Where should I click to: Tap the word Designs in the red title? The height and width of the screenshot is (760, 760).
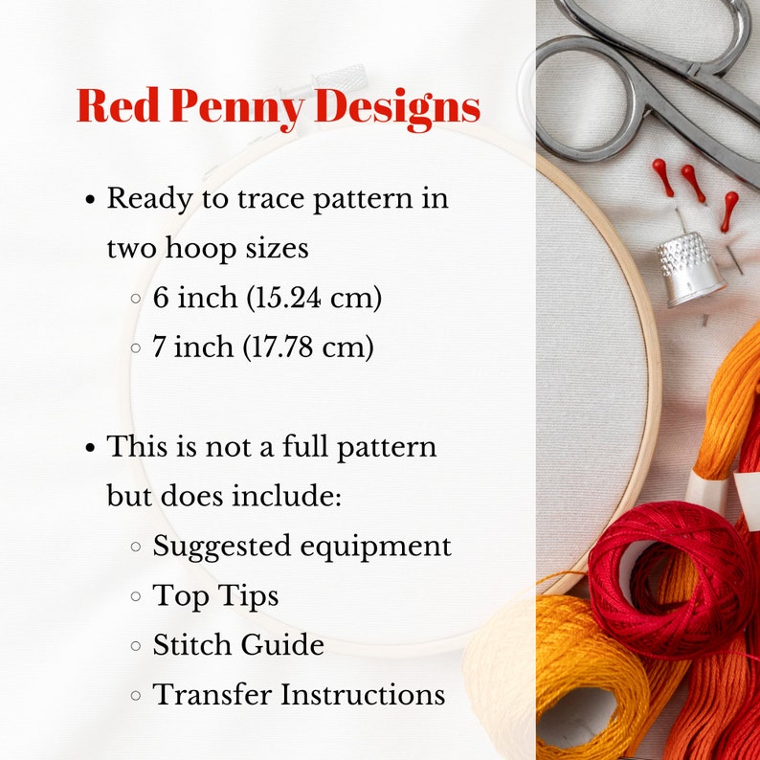tap(397, 107)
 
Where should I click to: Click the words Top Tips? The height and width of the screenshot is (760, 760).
tap(215, 596)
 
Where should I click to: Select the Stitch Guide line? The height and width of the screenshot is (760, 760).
tap(238, 645)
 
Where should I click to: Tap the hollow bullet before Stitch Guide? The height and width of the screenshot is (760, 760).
tap(135, 646)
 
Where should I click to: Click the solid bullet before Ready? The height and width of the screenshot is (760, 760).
tap(91, 201)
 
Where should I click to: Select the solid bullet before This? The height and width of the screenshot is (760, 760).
tap(91, 448)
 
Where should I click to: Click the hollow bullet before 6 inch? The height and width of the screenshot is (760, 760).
tap(135, 300)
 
